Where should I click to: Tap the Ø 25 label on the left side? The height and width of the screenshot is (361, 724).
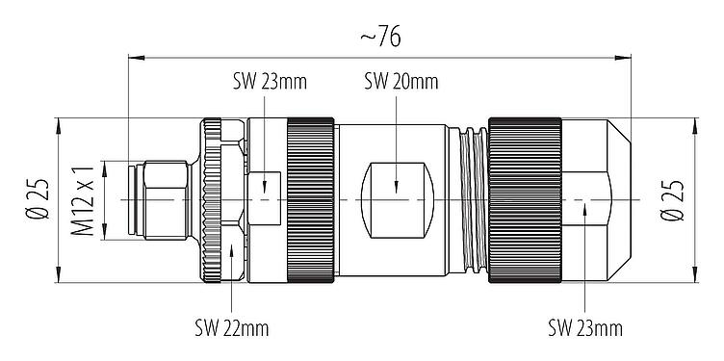tap(39, 199)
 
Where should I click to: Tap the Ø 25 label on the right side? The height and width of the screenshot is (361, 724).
tap(675, 199)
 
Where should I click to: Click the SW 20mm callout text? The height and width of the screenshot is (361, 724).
tap(398, 81)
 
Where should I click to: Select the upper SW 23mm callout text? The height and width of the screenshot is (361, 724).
tap(269, 81)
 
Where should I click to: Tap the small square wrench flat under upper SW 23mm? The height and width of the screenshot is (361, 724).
tap(264, 186)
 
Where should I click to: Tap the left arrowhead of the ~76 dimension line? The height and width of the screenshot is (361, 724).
tap(133, 57)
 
